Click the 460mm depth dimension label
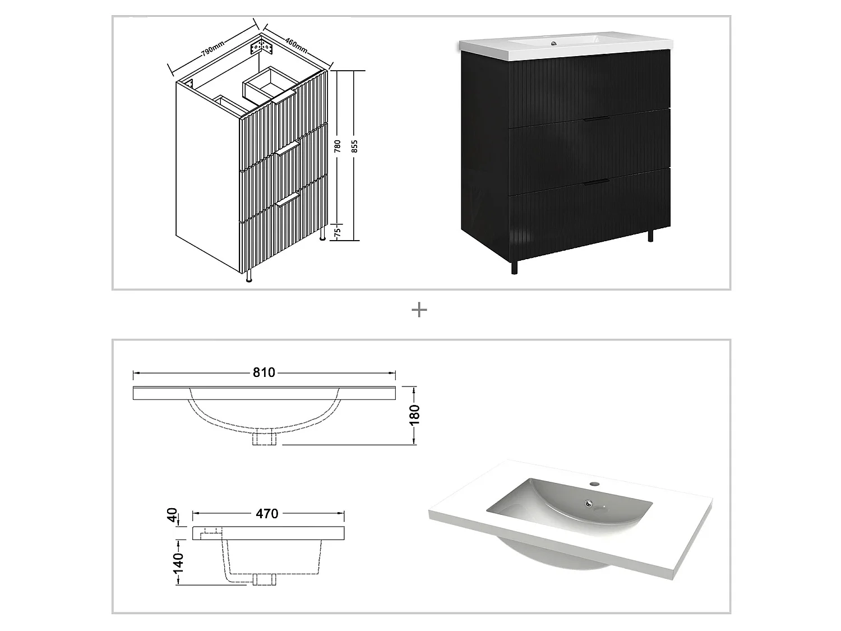click(296, 45)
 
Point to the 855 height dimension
click(354, 147)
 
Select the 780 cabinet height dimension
click(338, 147)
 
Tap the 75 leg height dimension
click(338, 233)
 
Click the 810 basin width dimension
click(264, 373)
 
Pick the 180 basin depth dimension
click(415, 416)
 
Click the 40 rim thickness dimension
click(174, 514)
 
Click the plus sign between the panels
click(419, 310)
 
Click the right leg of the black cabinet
click(650, 235)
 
